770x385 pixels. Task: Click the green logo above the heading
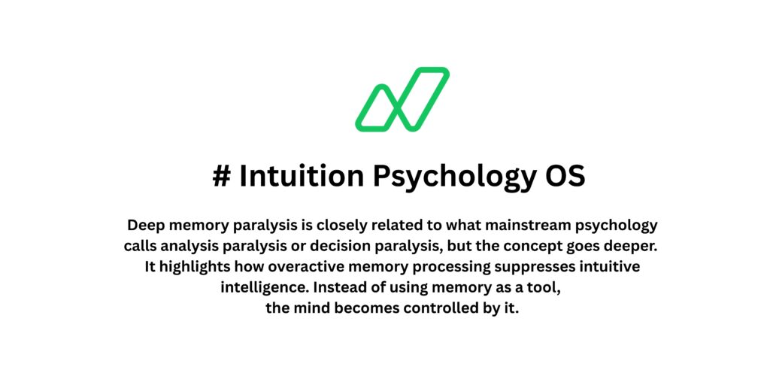(x=402, y=99)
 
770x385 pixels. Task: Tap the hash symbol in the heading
(x=221, y=176)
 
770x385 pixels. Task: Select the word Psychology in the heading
(x=444, y=176)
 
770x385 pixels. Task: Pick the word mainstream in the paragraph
(x=514, y=225)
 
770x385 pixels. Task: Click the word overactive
(x=293, y=267)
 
